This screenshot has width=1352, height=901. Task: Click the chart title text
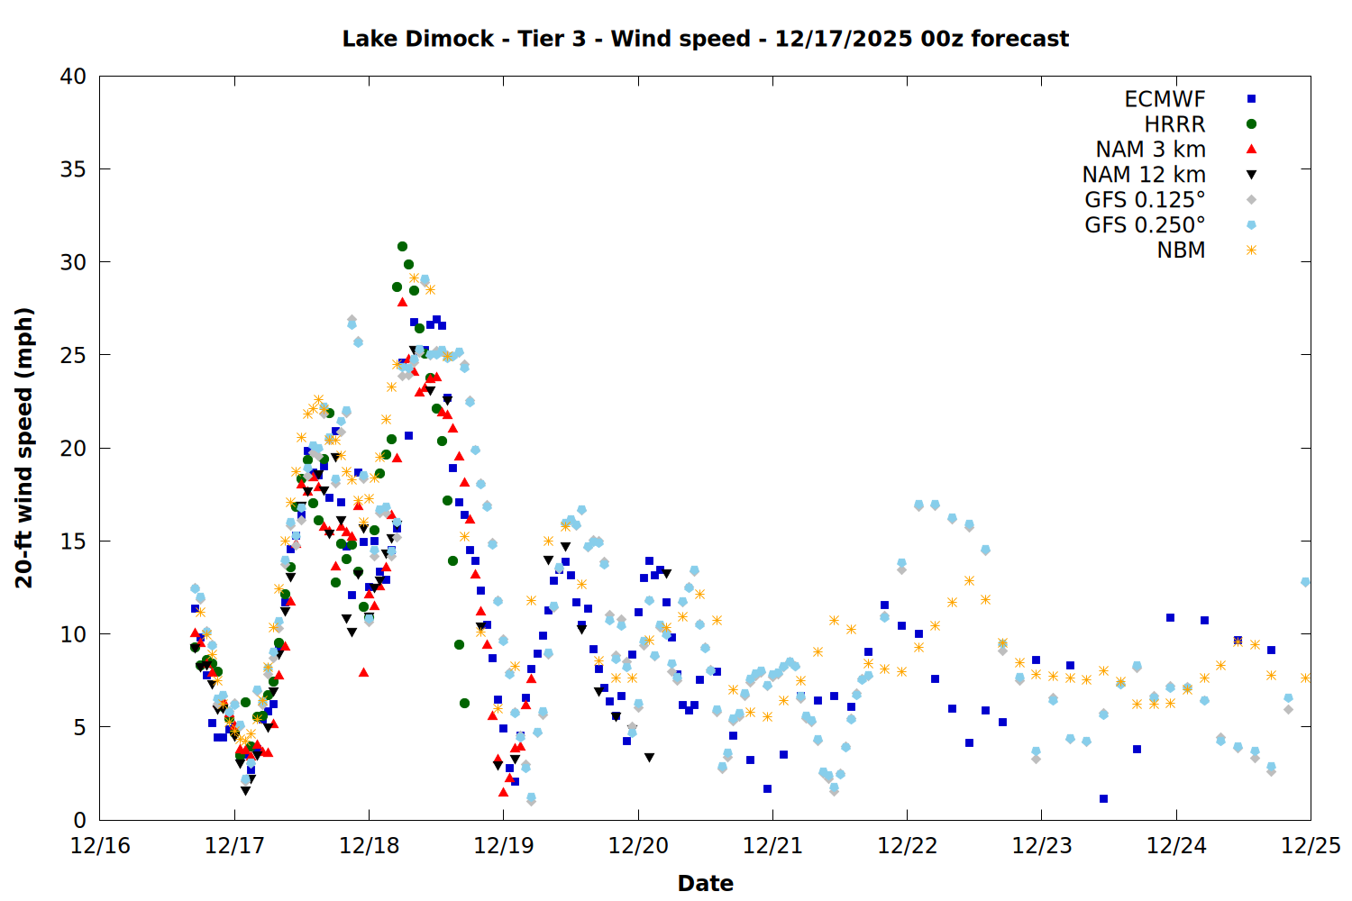[x=705, y=40]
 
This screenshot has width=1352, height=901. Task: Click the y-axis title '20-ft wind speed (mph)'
[x=24, y=448]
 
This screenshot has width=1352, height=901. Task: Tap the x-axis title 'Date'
[x=705, y=883]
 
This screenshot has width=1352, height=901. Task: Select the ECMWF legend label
[x=1165, y=99]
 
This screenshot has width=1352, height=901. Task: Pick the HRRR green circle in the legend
[x=1251, y=124]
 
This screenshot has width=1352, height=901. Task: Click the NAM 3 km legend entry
[x=1150, y=150]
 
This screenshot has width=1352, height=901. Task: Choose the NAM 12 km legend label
[x=1144, y=175]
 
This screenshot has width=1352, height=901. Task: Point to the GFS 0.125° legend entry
[x=1145, y=200]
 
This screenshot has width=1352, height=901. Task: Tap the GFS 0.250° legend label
[x=1145, y=225]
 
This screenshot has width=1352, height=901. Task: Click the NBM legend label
[x=1181, y=250]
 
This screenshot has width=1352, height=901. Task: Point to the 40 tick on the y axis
[x=73, y=77]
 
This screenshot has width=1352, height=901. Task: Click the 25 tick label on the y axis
[x=73, y=355]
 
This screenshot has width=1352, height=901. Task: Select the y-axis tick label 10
[x=73, y=634]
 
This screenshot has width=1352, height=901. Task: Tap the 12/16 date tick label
[x=100, y=846]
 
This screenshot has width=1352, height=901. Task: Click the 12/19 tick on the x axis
[x=503, y=846]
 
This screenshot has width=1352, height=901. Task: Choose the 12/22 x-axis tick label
[x=907, y=846]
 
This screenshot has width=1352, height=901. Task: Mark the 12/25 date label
[x=1311, y=846]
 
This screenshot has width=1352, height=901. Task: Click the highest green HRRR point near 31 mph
[x=402, y=246]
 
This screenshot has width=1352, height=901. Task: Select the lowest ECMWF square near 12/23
[x=1103, y=799]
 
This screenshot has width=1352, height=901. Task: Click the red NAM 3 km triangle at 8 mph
[x=363, y=672]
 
